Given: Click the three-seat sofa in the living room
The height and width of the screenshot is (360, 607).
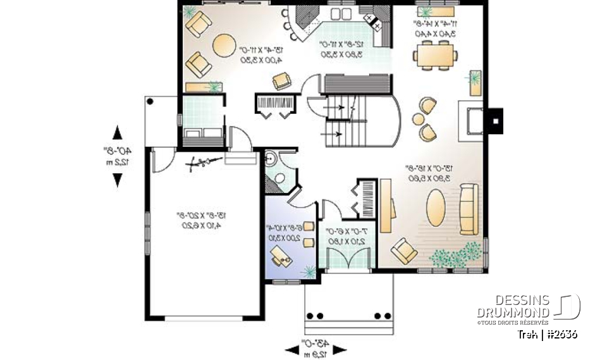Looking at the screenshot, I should pyautogui.click(x=469, y=208).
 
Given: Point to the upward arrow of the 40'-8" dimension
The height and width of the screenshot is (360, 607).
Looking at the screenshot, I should pyautogui.click(x=118, y=133).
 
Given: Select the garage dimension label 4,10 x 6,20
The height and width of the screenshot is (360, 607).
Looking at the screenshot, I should pyautogui.click(x=202, y=226).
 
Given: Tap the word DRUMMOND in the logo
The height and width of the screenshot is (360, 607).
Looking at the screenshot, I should pyautogui.click(x=512, y=312).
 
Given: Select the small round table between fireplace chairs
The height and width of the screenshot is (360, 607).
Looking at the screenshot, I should pyautogui.click(x=419, y=118).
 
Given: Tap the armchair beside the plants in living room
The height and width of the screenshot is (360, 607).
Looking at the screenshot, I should pyautogui.click(x=403, y=251).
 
